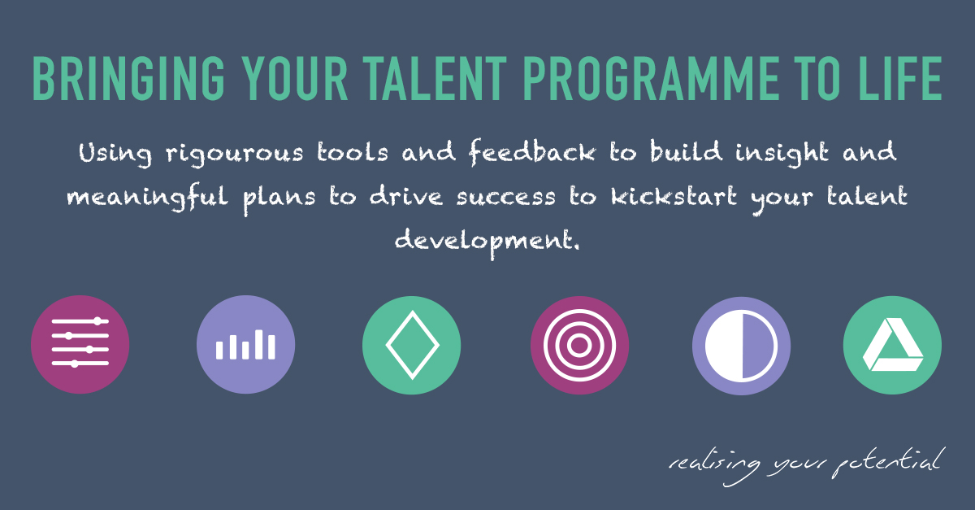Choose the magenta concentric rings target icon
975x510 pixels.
tap(578, 344)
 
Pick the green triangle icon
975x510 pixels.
tap(892, 344)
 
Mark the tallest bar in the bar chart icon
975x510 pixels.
tap(259, 344)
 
